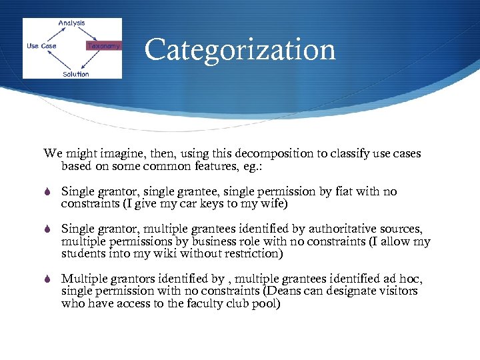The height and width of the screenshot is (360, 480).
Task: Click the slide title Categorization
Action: click(x=239, y=50)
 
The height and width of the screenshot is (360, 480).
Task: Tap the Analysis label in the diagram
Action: click(x=71, y=23)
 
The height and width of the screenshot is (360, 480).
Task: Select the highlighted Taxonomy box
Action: click(x=104, y=46)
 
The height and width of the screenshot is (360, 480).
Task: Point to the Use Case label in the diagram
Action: click(x=41, y=46)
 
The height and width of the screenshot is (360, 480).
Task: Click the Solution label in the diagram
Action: click(x=75, y=73)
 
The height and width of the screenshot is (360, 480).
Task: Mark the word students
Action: click(x=82, y=253)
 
